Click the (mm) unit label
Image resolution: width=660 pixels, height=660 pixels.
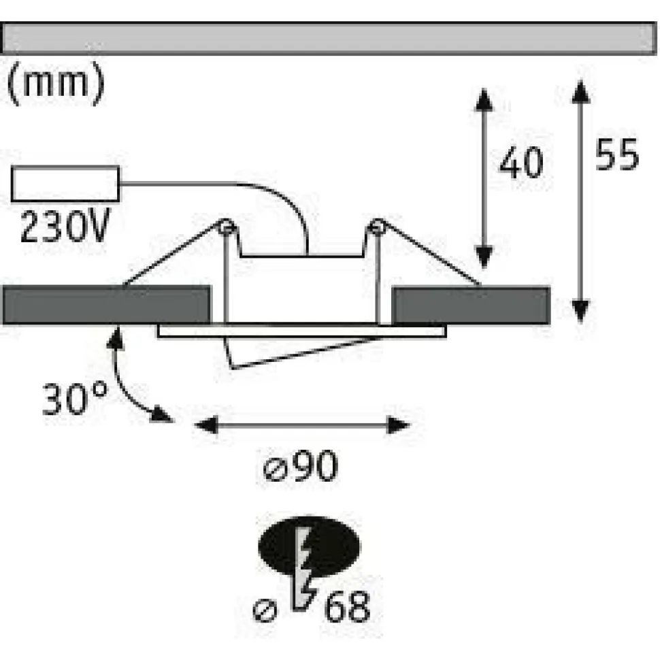click(x=56, y=83)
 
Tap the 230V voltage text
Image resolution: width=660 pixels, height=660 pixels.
click(x=65, y=226)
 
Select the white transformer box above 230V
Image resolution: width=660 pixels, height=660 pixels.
click(x=65, y=184)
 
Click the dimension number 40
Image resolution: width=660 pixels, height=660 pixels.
click(x=521, y=163)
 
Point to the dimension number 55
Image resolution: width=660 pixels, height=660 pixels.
click(x=617, y=154)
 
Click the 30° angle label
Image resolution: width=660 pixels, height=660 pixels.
click(x=75, y=398)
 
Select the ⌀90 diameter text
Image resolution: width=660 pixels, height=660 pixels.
click(x=301, y=465)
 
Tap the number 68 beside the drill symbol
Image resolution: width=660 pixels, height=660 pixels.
click(x=347, y=606)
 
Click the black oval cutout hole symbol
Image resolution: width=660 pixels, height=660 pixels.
click(x=309, y=546)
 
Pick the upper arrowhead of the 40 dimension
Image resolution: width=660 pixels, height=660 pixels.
click(x=484, y=100)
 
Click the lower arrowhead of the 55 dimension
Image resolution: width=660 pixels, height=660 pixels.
click(x=580, y=311)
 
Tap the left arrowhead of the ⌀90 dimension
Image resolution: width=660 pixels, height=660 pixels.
click(x=206, y=425)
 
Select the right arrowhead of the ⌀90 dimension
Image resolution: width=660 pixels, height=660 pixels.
click(x=398, y=425)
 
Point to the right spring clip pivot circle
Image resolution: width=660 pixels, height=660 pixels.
click(x=376, y=227)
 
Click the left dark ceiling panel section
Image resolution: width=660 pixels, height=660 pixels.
click(x=107, y=305)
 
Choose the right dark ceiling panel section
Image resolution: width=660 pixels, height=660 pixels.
click(x=471, y=306)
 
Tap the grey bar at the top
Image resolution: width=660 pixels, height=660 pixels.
click(x=329, y=38)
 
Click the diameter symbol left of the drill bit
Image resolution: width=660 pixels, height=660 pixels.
click(x=265, y=610)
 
